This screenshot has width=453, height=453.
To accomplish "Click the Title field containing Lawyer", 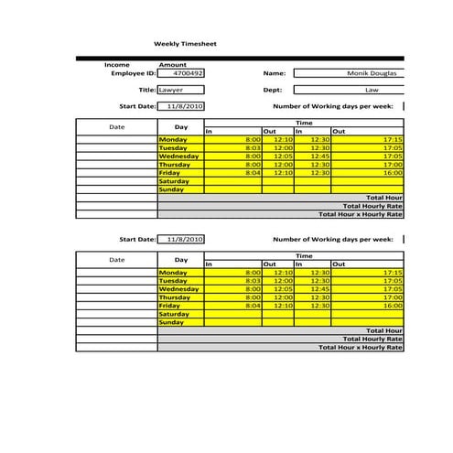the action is [180, 91].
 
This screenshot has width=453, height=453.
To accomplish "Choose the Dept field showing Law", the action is [372, 91].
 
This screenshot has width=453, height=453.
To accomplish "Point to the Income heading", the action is [117, 65].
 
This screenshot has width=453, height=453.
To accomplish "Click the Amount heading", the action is [173, 65].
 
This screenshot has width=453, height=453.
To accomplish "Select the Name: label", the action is [275, 73].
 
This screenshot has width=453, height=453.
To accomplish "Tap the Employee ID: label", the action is [134, 73].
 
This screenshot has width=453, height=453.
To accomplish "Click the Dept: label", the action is [273, 91].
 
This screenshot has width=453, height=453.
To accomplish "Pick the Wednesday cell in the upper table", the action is [179, 156].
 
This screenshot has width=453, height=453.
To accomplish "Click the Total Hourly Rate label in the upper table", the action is [372, 206].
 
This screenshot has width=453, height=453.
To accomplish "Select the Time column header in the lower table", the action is [303, 256].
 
